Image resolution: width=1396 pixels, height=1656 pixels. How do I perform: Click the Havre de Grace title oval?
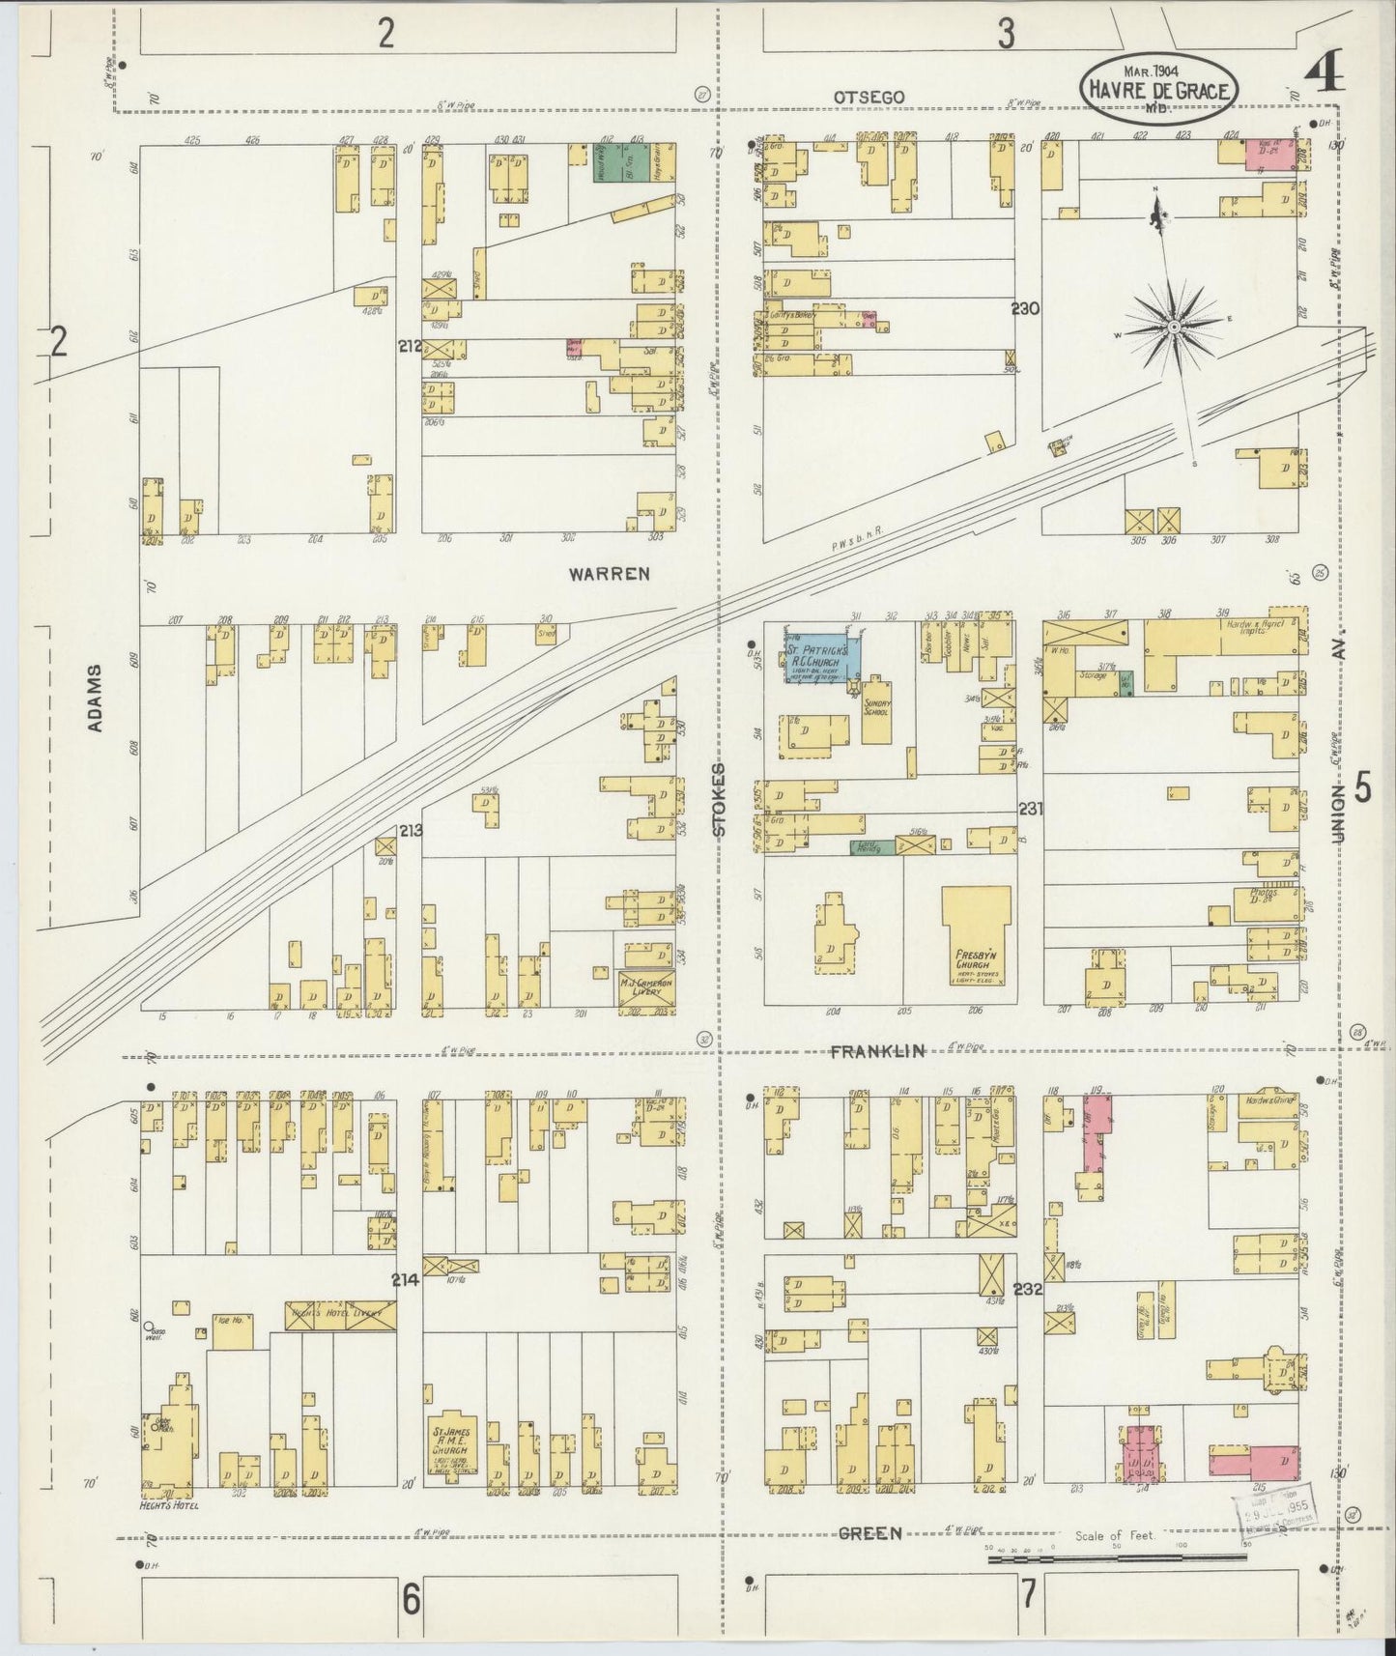pos(1158,87)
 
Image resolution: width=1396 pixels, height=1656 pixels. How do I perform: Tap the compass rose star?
pos(1173,328)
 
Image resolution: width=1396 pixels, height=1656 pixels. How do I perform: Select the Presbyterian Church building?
pos(977,935)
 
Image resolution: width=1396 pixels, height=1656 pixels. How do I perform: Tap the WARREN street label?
pos(609,573)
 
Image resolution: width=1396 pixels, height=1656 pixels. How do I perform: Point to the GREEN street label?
pos(869,1533)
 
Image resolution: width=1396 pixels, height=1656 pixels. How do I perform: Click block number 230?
pos(1025,309)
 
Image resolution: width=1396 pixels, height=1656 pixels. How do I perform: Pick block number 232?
pos(1027,1289)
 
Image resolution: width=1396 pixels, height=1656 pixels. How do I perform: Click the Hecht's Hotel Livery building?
pos(340,1315)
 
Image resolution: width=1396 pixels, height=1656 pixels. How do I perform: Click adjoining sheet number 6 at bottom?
pos(411,1600)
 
